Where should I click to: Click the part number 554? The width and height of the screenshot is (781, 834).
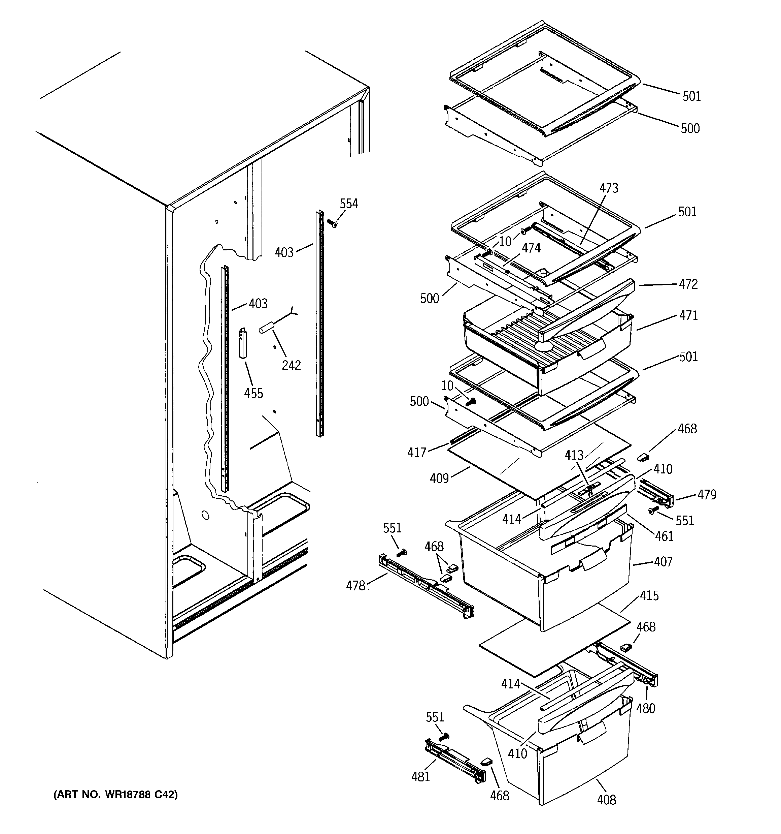349,204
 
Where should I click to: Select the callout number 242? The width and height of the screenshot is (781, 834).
291,365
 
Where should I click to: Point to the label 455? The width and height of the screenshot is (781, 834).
253,393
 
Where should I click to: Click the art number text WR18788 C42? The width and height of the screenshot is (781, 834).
115,795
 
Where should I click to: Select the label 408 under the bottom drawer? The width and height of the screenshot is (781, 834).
606,800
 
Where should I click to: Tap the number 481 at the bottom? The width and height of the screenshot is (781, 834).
420,776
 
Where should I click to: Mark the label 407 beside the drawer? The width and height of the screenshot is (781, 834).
663,562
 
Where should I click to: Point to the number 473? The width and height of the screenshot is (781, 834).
608,188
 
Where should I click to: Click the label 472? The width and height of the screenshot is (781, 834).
688,284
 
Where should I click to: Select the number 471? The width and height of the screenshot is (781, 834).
688,315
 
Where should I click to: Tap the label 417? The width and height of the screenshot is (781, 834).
416,452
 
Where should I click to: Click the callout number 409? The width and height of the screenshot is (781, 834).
439,478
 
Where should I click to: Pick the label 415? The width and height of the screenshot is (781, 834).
649,596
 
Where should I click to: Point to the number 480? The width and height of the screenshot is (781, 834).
645,708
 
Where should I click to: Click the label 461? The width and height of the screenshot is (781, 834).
664,536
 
